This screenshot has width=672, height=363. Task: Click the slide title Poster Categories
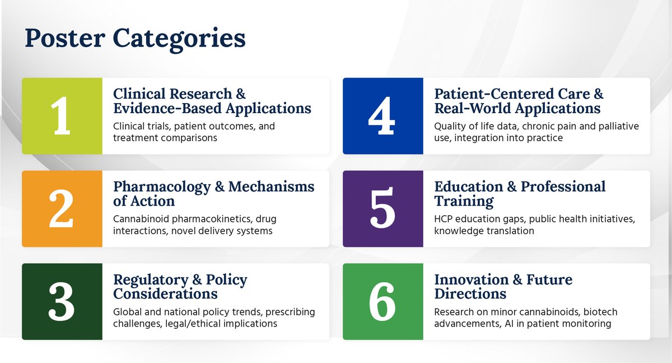(x=135, y=39)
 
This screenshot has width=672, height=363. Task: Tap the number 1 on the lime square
(x=62, y=116)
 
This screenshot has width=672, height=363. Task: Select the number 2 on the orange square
(x=62, y=209)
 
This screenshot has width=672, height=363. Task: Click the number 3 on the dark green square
(x=62, y=301)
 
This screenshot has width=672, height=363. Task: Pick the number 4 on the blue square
(x=382, y=116)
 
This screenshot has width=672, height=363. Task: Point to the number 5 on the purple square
(x=382, y=209)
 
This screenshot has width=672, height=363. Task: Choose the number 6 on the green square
(x=382, y=301)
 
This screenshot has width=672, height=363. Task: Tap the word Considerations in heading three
(x=165, y=293)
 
